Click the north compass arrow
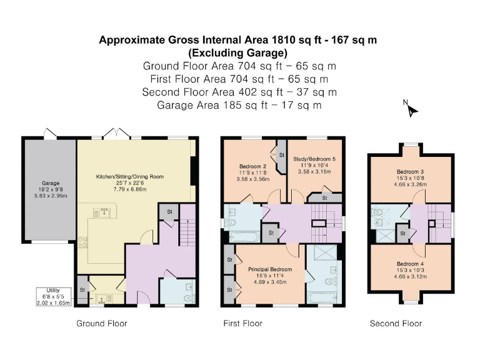[x=412, y=110]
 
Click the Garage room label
[x=51, y=183]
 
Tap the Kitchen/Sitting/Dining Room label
[x=130, y=177]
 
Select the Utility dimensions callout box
[x=54, y=297]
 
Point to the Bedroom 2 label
[x=252, y=166]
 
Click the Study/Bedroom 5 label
[x=314, y=159]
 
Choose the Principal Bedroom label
[x=270, y=269]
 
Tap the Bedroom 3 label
[x=410, y=172]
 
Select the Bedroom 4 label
[x=410, y=264]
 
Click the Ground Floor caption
[x=102, y=324]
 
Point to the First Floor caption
[x=242, y=324]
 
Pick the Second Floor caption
[x=396, y=324]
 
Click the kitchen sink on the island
[x=105, y=212]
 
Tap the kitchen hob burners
[x=82, y=243]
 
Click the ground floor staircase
[x=187, y=224]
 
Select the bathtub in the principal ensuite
[x=322, y=297]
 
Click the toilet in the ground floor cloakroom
[x=190, y=297]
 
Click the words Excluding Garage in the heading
[x=238, y=53]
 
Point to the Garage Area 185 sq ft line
[x=239, y=105]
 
